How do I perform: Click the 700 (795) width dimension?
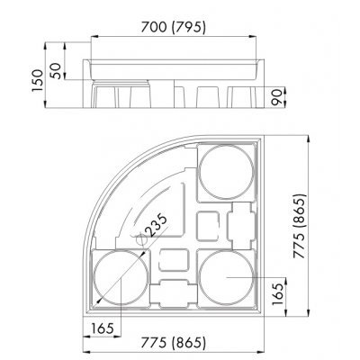click(180, 28)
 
